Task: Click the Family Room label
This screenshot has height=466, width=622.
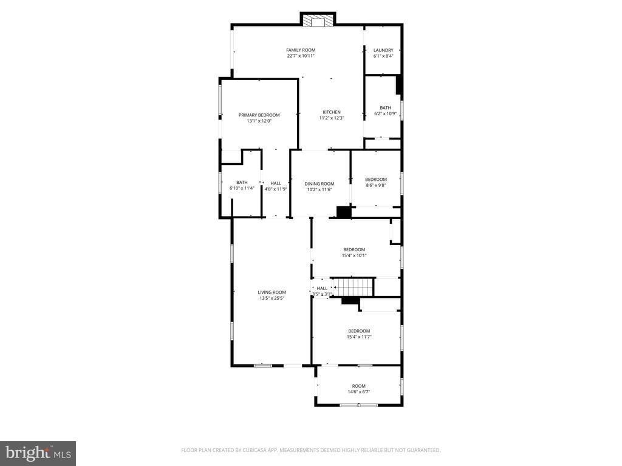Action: coord(301,50)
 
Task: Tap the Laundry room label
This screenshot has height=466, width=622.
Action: coord(383,50)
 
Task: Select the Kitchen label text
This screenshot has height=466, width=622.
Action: coord(332,112)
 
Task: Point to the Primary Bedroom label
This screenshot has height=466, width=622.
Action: coord(259,115)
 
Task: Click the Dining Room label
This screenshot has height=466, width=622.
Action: coord(320,184)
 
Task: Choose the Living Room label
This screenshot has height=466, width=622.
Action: coord(272,292)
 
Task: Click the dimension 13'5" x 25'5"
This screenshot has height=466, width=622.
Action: coord(272,299)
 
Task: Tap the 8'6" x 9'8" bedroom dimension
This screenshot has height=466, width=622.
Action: coord(375,185)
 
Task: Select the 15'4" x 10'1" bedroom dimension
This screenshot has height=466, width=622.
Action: coord(354,255)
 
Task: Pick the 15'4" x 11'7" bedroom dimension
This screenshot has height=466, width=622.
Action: coord(359,337)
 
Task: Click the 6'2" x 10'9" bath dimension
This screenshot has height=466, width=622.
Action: coord(385,113)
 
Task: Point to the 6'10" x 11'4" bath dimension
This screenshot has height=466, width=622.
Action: coord(242,189)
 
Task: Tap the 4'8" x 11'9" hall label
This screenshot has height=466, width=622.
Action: coord(276,189)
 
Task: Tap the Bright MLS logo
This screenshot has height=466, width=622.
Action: coord(38,453)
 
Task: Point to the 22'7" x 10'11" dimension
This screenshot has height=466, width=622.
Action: coord(301,56)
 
